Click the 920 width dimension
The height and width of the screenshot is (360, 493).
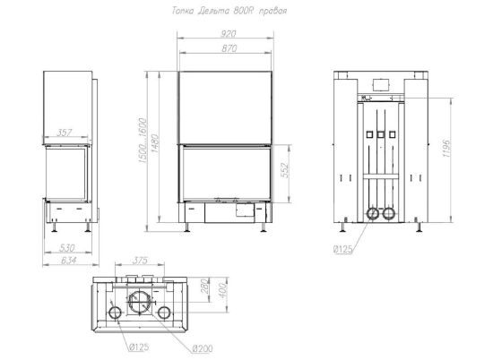(228, 34)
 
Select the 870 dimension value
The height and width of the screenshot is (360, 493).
(229, 48)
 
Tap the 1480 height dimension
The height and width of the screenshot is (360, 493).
(155, 143)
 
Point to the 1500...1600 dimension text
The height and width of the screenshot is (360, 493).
(143, 140)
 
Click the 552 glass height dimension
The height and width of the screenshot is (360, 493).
(285, 170)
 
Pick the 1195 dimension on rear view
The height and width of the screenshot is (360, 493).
(446, 149)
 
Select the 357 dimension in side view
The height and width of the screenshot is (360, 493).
(65, 133)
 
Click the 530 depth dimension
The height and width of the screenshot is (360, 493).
(67, 248)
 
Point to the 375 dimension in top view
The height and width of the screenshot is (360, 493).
(140, 261)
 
